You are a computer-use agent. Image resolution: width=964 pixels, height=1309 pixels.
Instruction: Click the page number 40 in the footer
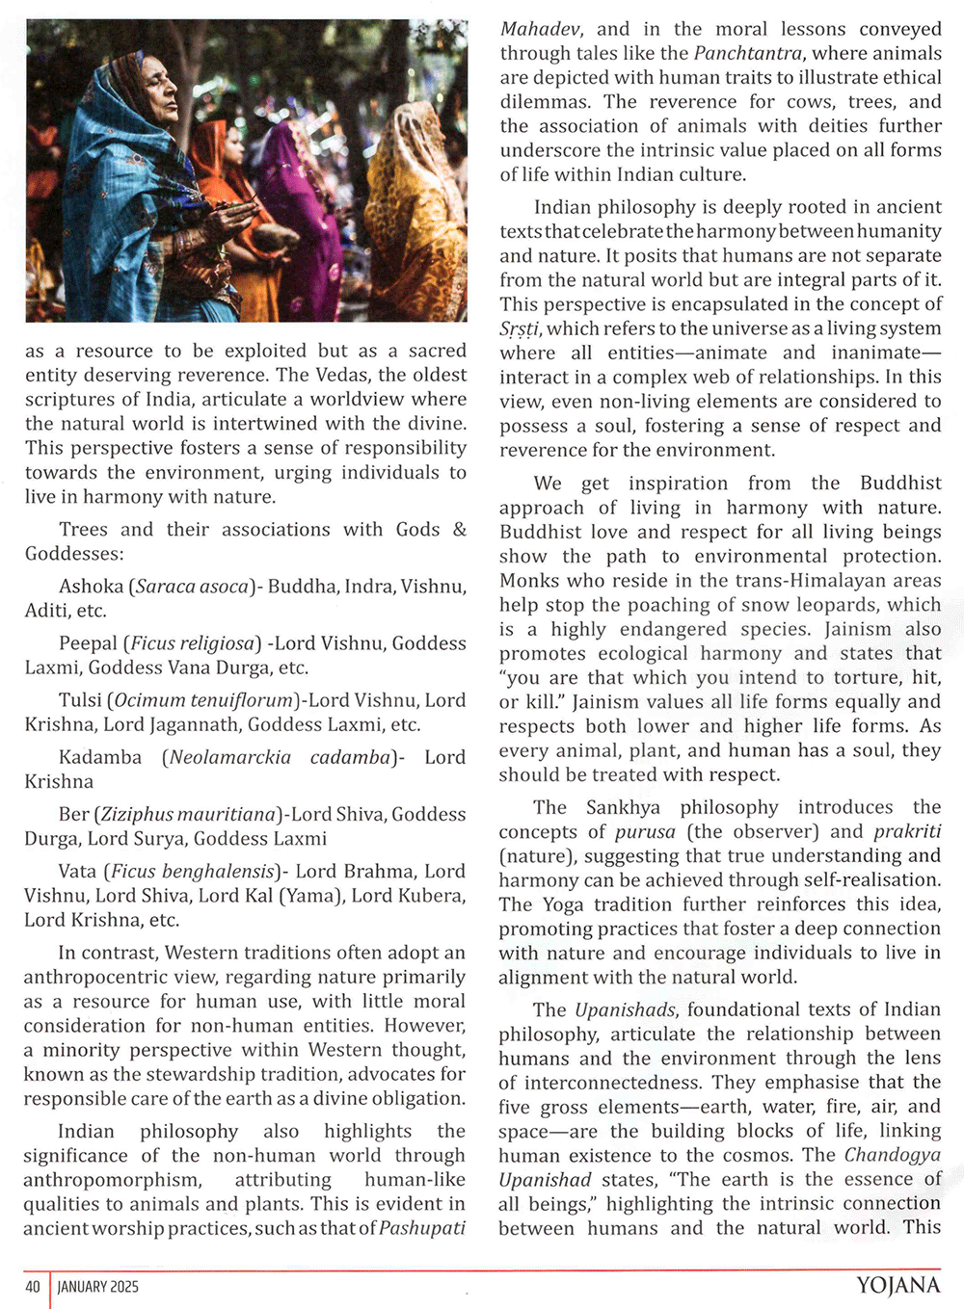[33, 1287]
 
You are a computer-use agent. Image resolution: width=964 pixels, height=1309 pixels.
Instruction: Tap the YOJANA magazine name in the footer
[897, 1285]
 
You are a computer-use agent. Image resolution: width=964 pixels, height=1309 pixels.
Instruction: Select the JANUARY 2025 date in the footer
[98, 1287]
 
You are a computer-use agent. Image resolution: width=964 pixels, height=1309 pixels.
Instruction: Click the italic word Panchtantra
[748, 53]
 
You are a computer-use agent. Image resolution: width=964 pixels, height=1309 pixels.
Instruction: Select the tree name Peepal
[88, 643]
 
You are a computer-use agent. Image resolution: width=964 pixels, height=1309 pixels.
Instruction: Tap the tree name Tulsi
[80, 700]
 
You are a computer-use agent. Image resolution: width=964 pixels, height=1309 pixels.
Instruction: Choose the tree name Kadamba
[100, 757]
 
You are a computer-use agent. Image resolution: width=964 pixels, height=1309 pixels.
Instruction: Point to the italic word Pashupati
[422, 1228]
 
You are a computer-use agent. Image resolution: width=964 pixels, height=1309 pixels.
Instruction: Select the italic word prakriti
[907, 831]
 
